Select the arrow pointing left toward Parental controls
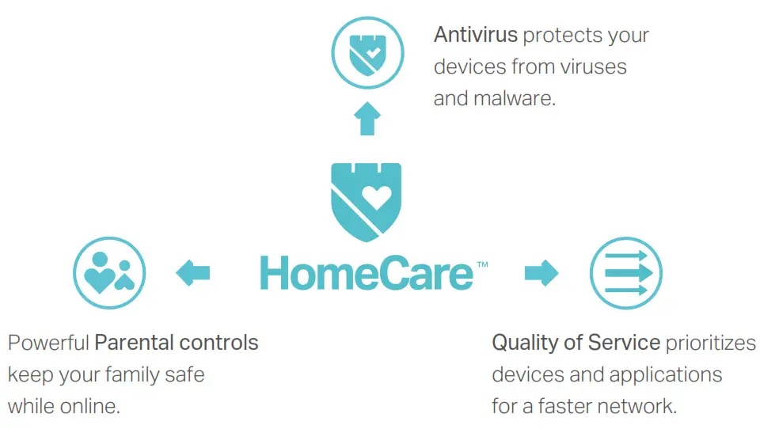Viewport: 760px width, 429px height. (193, 274)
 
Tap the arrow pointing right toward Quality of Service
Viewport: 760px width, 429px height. (541, 274)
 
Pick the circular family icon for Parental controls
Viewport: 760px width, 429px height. (109, 273)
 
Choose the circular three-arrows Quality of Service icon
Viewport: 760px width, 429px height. (626, 274)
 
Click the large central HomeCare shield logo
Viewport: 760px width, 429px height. (366, 202)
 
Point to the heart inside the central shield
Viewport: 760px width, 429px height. (376, 196)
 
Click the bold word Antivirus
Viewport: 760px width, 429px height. (475, 36)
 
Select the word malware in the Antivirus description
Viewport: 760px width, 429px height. (518, 99)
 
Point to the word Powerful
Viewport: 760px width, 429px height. (48, 344)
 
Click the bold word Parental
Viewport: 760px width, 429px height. (134, 344)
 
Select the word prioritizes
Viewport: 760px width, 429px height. (711, 343)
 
